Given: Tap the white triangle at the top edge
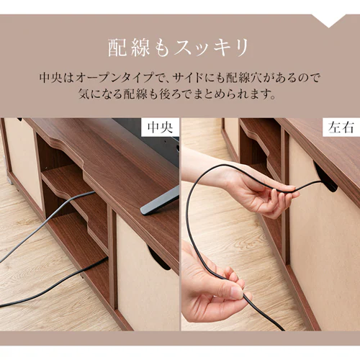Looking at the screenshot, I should pyautogui.click(x=332, y=20).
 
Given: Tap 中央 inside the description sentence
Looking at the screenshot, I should pyautogui.click(x=52, y=77).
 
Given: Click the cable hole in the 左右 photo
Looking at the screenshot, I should pyautogui.click(x=325, y=177).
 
